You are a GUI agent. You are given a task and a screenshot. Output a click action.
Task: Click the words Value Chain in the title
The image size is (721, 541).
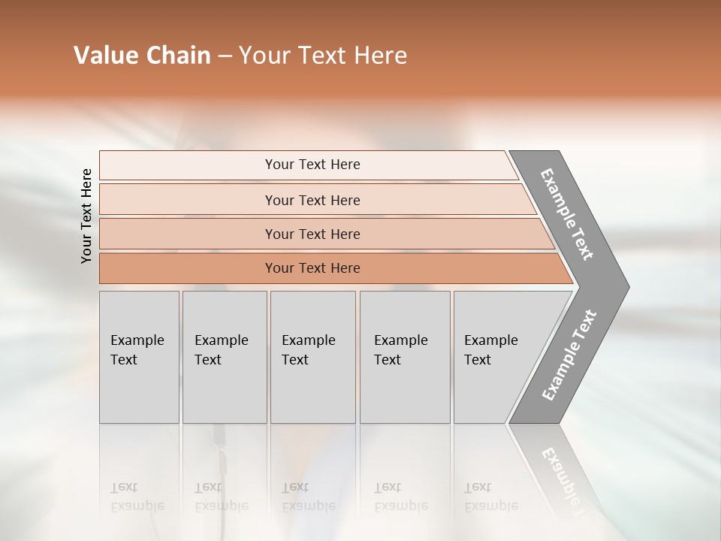tap(142, 56)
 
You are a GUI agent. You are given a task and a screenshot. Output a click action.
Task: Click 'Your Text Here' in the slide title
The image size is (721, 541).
tap(323, 56)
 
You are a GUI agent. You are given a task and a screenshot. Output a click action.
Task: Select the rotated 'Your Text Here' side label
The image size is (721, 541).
tap(86, 216)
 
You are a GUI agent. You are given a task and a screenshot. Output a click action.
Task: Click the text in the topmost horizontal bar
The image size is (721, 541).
tap(312, 165)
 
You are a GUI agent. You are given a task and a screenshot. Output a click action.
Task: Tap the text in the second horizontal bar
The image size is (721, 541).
tap(312, 201)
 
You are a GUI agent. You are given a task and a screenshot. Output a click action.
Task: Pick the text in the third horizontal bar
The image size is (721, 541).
tap(312, 234)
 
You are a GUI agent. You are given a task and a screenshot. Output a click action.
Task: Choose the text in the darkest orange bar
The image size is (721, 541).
tap(312, 268)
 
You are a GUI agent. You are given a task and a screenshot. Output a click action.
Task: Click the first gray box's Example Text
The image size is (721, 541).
tap(137, 349)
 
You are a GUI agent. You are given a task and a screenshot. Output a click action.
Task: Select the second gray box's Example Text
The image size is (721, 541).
tap(221, 349)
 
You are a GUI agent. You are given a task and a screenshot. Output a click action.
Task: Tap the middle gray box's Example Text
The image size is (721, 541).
tap(308, 349)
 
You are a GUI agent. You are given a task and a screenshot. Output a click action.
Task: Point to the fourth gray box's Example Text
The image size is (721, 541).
tap(400, 349)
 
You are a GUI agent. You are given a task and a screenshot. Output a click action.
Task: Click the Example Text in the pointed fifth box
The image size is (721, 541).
tap(490, 349)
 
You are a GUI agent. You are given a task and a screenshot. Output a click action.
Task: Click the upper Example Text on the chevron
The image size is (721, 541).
tap(567, 214)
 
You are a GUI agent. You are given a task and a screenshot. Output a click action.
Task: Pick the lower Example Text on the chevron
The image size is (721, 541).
tap(569, 355)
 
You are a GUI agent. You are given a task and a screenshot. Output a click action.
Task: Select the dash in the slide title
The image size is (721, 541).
tap(225, 56)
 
